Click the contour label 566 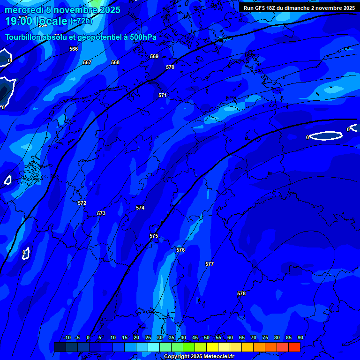tap(74, 49)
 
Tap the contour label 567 tap(87, 62)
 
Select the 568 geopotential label tap(115, 62)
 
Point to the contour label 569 tap(154, 56)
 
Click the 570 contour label tap(170, 67)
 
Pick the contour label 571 tap(163, 95)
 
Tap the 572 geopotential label tap(82, 203)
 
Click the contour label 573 tap(101, 213)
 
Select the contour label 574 tap(140, 208)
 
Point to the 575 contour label tap(154, 236)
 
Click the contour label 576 tap(180, 250)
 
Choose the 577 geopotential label tap(210, 264)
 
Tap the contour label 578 tap(241, 293)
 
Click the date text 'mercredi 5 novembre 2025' tap(63, 10)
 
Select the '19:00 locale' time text tap(37, 21)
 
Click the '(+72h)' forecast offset tap(81, 21)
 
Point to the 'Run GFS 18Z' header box tap(299, 8)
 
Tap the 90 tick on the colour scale tap(300, 337)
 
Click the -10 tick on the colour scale tap(67, 337)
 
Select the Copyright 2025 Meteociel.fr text tap(199, 356)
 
